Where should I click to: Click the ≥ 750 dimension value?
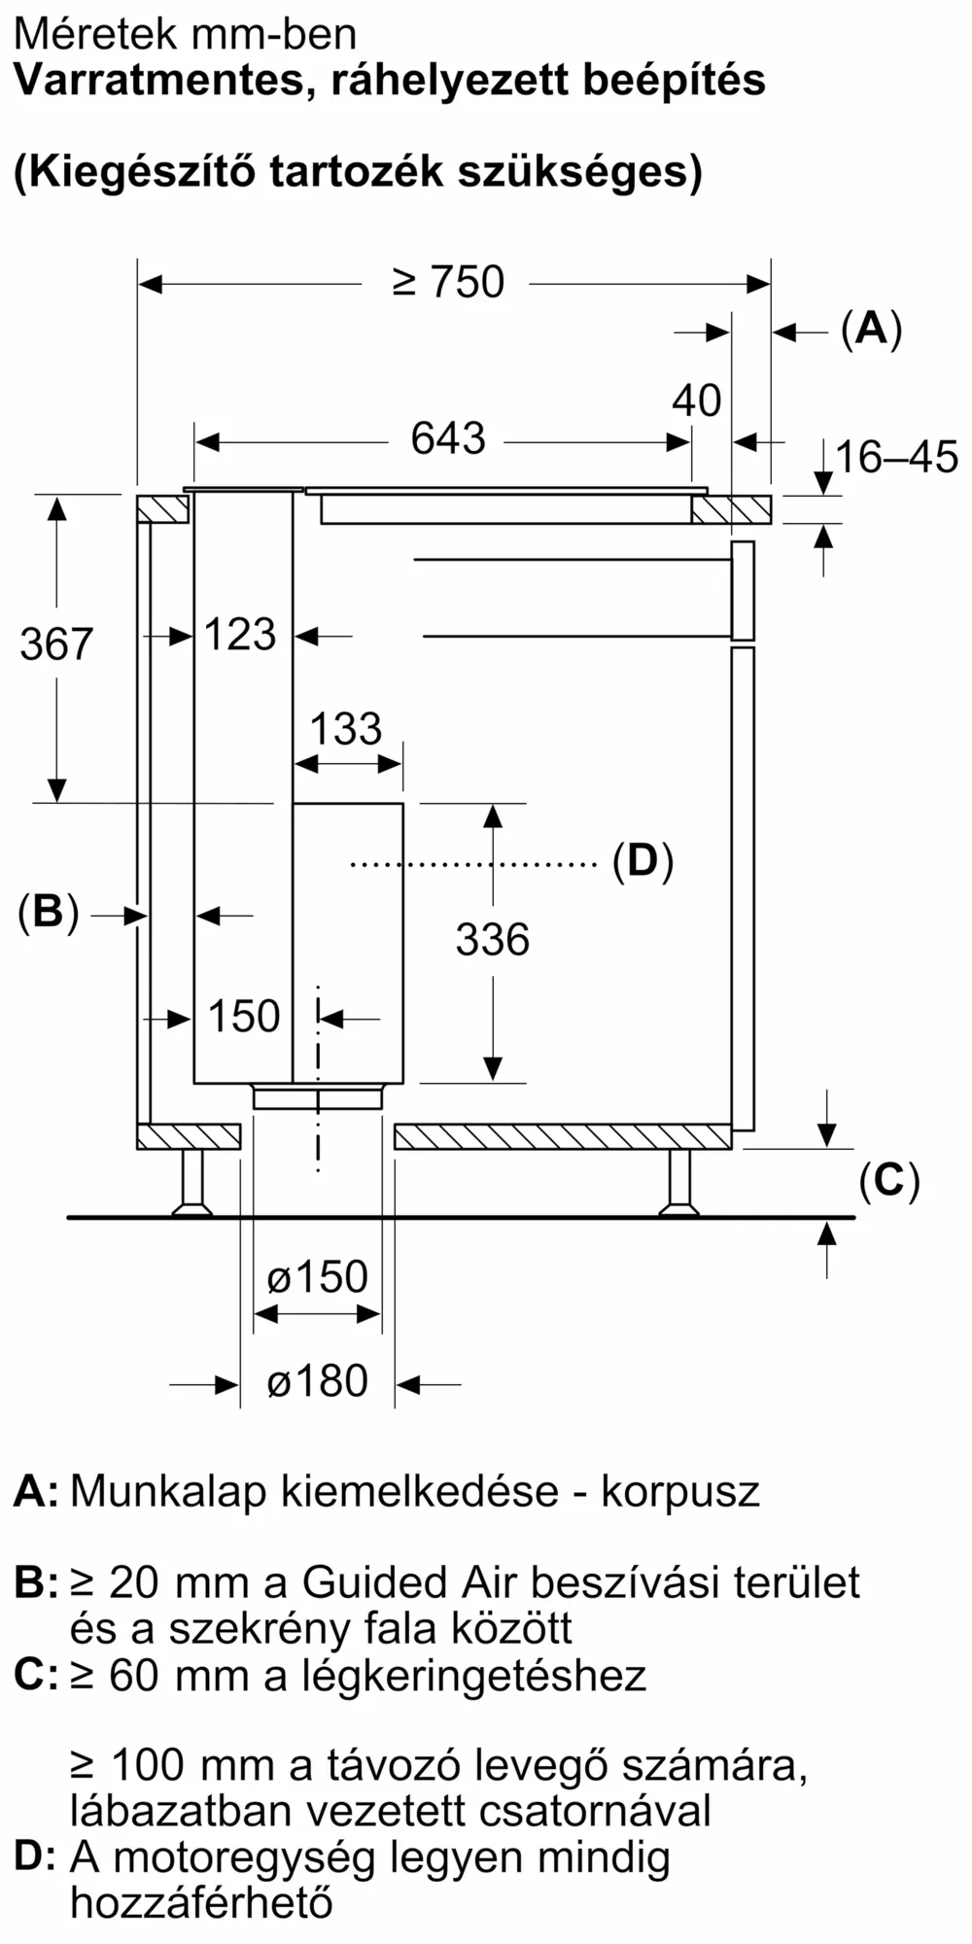(x=448, y=282)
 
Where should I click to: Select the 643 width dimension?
(x=447, y=438)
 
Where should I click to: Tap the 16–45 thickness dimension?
(x=896, y=457)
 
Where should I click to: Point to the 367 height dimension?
(x=56, y=644)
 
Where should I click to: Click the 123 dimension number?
(x=241, y=635)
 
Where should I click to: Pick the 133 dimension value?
(x=346, y=729)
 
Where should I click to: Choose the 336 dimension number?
(x=493, y=940)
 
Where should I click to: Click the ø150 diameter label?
(x=318, y=1276)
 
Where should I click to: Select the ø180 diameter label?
(x=318, y=1381)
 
